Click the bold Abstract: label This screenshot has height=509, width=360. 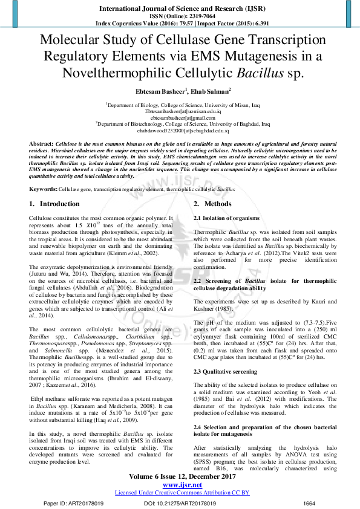pyautogui.click(x=41, y=143)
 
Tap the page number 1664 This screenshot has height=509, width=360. pyautogui.click(x=309, y=503)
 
